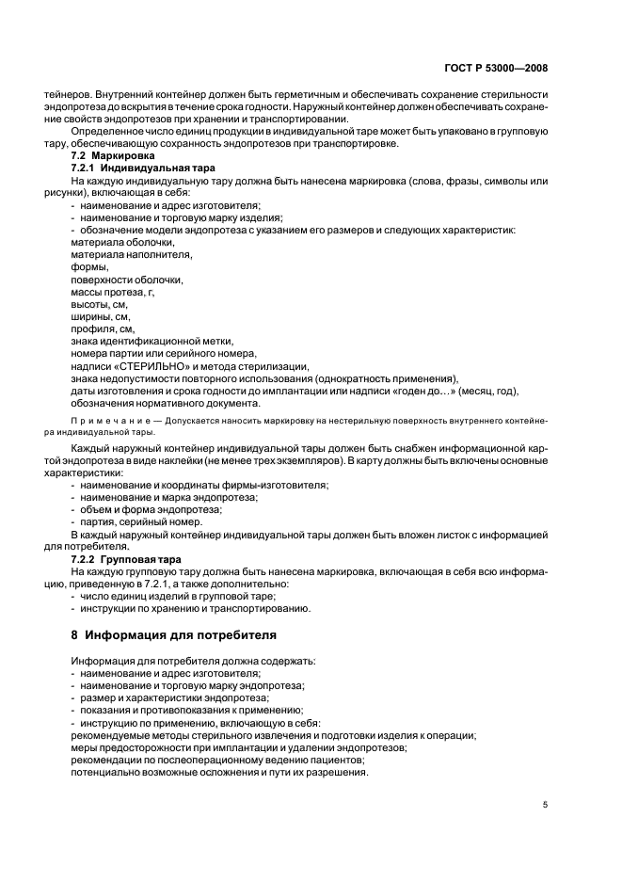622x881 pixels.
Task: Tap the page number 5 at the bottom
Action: tap(546, 805)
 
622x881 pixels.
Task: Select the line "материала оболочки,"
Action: tap(116, 243)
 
